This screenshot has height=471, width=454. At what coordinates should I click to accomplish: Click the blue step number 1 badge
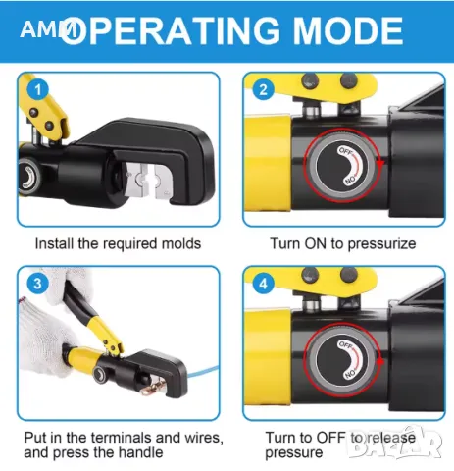click(x=38, y=90)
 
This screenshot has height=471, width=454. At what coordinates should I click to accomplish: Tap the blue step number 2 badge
click(x=264, y=90)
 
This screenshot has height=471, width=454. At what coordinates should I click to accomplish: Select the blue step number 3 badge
click(x=38, y=284)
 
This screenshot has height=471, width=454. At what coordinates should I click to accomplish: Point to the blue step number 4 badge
click(x=264, y=284)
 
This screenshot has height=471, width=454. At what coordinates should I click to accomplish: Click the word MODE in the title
click(x=348, y=31)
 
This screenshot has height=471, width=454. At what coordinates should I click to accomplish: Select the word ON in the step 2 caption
click(x=316, y=243)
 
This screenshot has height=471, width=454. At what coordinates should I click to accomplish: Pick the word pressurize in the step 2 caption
click(x=381, y=245)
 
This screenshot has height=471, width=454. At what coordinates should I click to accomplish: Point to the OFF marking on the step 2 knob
click(x=345, y=151)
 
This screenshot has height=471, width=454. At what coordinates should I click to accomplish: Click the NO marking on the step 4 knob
click(x=350, y=373)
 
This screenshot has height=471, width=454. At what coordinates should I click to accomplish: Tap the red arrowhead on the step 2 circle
click(x=379, y=162)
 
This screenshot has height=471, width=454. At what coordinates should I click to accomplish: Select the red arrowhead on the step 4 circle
click(x=380, y=361)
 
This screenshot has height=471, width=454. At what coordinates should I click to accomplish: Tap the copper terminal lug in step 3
click(x=157, y=384)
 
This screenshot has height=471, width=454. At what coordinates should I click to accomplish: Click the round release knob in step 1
click(x=28, y=177)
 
